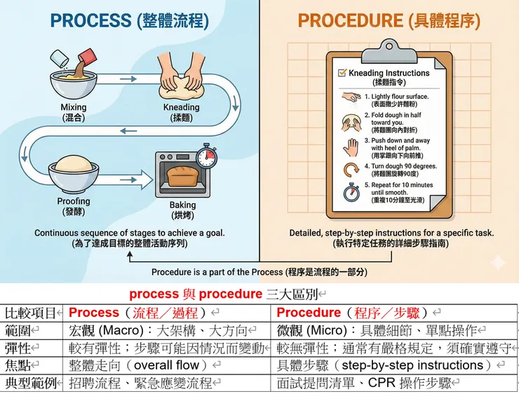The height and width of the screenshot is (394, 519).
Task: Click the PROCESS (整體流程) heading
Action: [129, 20]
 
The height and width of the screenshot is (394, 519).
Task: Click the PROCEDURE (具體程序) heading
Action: [389, 20]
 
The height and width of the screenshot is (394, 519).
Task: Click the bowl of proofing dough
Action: [74, 171]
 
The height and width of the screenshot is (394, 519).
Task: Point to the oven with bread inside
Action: [184, 176]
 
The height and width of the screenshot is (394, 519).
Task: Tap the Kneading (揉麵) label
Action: [181, 113]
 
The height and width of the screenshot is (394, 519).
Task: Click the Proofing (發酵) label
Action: [74, 206]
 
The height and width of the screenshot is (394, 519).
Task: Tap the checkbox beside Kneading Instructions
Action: [342, 73]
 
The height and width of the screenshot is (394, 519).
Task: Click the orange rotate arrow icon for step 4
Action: [351, 169]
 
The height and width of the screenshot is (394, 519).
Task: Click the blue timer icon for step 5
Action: [351, 191]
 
